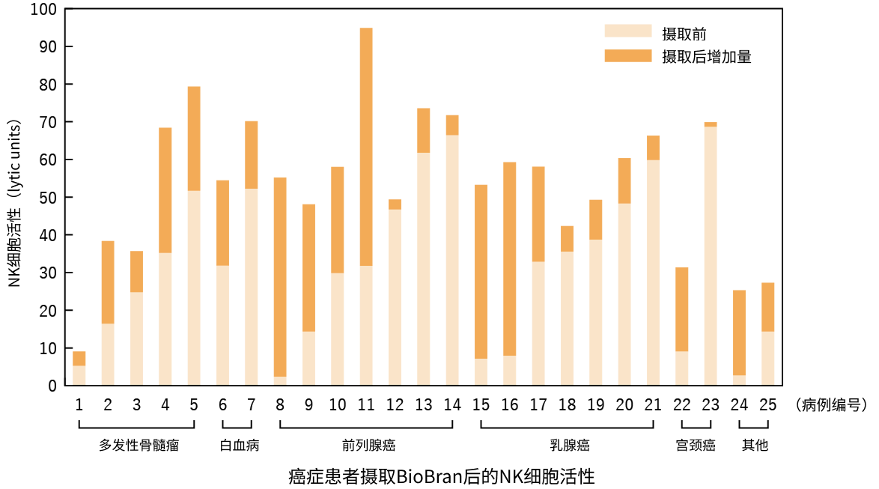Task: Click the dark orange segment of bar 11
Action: [366, 147]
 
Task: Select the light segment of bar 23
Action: [711, 255]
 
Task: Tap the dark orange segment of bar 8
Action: [280, 277]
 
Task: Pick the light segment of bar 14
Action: [452, 260]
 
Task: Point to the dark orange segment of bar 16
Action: [510, 259]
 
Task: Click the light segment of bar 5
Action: [194, 288]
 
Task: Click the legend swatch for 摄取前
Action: [628, 31]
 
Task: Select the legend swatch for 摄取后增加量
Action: [628, 55]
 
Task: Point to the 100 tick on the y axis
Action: [65, 9]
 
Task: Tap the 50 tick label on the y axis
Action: [48, 198]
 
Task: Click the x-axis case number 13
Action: [423, 405]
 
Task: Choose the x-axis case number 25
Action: [767, 405]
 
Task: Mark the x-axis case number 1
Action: [79, 405]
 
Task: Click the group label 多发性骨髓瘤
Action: [139, 446]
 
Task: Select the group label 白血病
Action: [240, 446]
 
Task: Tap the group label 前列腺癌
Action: [369, 446]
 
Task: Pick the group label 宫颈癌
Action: [696, 446]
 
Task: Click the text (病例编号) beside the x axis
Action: [831, 405]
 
